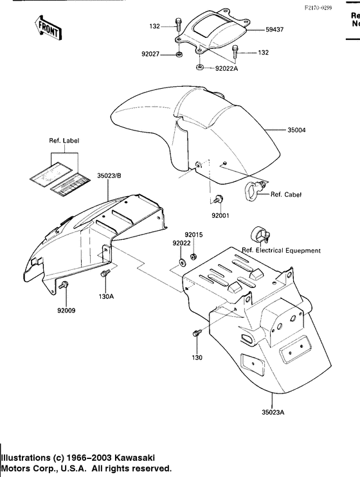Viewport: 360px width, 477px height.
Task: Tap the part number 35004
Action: coord(296,130)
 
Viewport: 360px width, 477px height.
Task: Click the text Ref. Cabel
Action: coord(285,194)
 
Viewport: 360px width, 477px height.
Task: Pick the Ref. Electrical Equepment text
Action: coord(281,250)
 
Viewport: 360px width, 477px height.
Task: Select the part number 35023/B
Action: coord(111,174)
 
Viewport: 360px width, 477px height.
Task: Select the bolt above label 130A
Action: coord(105,274)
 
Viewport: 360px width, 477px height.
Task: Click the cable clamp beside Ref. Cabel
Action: coord(254,188)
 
